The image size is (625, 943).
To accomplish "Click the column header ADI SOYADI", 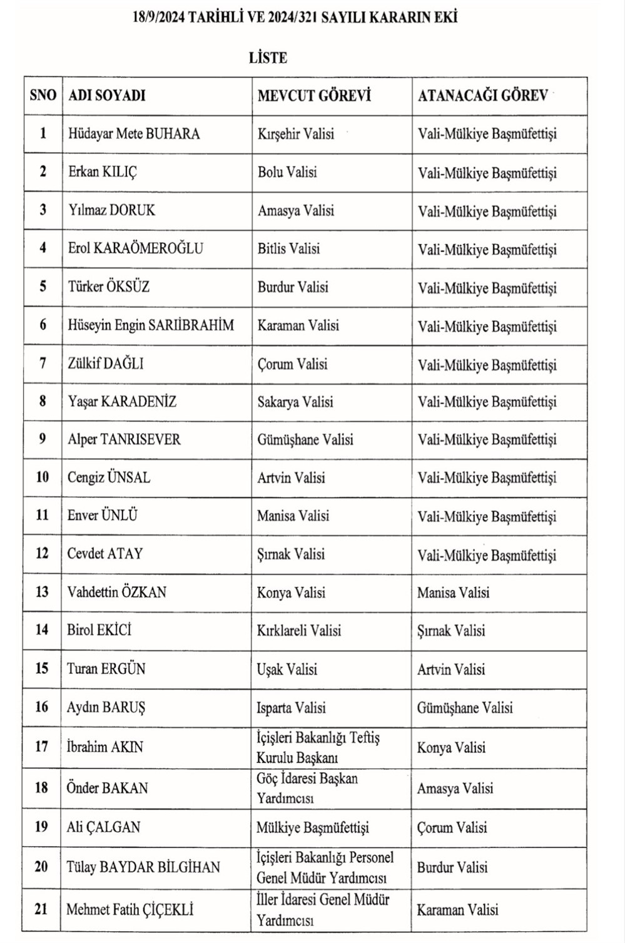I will point(106,95).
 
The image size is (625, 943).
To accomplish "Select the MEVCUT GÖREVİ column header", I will point(314,95).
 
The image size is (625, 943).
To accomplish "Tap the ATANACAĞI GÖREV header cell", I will point(482,95).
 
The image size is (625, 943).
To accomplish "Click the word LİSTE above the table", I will point(268,58).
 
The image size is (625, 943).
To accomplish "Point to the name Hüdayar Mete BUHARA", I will point(134,133).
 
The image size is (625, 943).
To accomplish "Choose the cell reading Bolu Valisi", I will point(287,171).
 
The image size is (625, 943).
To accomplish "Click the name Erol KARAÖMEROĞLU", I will point(135,248).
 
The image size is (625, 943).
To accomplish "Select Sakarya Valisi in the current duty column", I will point(295,402).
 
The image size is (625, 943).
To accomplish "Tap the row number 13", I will point(42,592).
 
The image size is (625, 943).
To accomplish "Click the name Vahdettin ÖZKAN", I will point(116,592).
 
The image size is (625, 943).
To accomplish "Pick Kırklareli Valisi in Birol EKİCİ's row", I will point(298,630).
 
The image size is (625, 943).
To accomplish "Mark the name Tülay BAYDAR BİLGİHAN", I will point(143,867).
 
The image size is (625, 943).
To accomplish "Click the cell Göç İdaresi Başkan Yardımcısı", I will point(307,788).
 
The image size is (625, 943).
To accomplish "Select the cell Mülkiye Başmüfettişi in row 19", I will point(312,828).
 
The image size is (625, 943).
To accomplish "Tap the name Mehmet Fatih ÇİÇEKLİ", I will point(130,909).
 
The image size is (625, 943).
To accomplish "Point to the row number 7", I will point(43,363).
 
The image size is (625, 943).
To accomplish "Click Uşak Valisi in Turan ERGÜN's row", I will point(287,669).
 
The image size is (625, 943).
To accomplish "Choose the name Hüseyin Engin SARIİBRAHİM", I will point(151,325).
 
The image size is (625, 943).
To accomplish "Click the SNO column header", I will point(43,95).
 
